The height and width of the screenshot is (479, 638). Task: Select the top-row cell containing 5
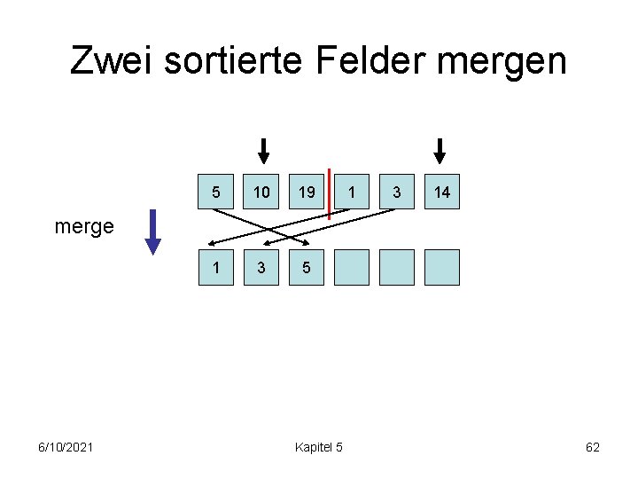[216, 192]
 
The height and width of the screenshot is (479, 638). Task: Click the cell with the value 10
[261, 192]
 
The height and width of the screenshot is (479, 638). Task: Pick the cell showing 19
[307, 192]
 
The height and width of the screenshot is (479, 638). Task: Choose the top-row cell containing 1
[352, 192]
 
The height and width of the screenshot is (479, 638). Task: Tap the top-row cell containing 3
[397, 192]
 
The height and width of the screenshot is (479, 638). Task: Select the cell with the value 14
[442, 192]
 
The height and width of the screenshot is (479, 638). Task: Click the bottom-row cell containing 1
[216, 267]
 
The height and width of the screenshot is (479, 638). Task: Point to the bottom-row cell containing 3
[261, 267]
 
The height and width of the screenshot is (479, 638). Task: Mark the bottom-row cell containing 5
[307, 267]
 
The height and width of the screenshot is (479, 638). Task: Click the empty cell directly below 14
[442, 267]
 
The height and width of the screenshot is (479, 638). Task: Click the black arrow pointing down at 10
[262, 151]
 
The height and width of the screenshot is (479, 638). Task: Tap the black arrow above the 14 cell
[440, 151]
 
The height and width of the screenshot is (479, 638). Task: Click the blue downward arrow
[153, 232]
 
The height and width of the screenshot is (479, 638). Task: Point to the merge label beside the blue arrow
[84, 227]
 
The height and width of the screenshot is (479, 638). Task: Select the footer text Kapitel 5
[319, 447]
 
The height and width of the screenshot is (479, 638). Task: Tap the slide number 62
[593, 447]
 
